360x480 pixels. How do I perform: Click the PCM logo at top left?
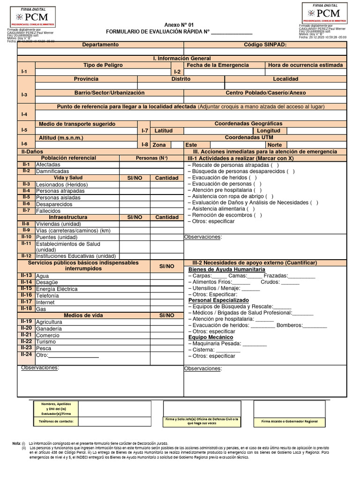[32, 17]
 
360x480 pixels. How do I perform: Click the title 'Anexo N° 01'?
[178, 25]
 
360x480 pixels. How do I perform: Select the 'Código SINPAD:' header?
[265, 45]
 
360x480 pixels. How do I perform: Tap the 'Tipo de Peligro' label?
[103, 65]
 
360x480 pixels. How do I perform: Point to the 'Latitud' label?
[164, 131]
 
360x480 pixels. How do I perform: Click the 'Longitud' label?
[269, 131]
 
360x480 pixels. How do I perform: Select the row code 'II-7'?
[26, 210]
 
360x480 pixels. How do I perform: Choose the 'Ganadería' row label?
[49, 329]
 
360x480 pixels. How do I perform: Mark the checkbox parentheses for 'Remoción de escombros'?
[258, 215]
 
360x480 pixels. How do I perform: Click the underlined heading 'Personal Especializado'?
[218, 300]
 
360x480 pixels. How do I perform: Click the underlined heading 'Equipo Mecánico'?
[210, 337]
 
